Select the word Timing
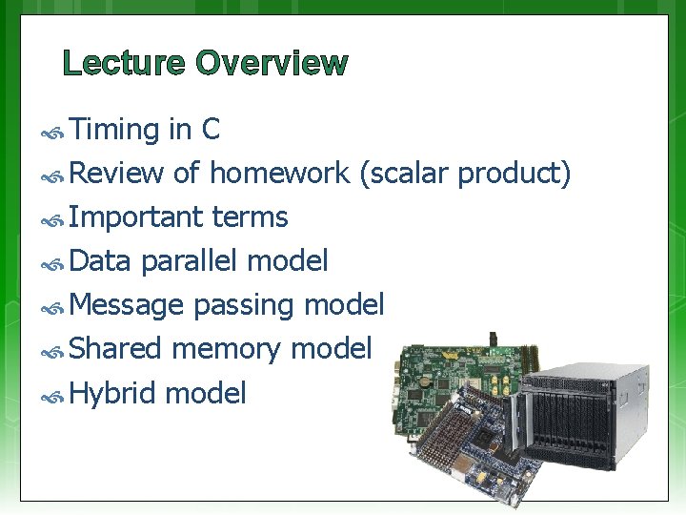click(113, 130)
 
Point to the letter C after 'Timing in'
click(212, 130)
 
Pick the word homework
click(280, 174)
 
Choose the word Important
click(136, 217)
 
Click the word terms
click(250, 217)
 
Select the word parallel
click(190, 260)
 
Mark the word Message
click(127, 305)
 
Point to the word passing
click(245, 305)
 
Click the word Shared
click(116, 349)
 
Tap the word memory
click(227, 349)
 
